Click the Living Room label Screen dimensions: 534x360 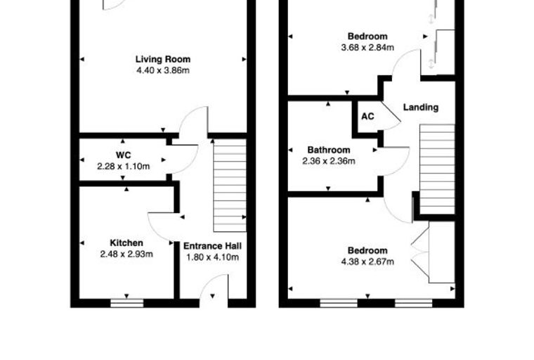(x=163, y=59)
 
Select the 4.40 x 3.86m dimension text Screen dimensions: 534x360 (x=163, y=70)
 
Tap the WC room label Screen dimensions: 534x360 (x=123, y=155)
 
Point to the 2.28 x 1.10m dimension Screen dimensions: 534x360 (x=123, y=167)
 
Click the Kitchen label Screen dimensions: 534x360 (x=126, y=243)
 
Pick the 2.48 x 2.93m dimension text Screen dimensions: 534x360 (x=126, y=254)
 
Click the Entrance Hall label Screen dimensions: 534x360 (x=212, y=246)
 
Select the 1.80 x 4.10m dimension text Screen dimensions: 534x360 (x=212, y=257)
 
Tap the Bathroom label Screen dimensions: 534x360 (x=329, y=150)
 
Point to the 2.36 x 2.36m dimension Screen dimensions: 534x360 (x=329, y=161)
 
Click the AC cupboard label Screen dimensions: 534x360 (x=367, y=117)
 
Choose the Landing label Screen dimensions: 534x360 (x=421, y=108)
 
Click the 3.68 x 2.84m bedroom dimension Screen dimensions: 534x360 (x=367, y=47)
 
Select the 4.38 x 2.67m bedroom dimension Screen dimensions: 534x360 (x=367, y=262)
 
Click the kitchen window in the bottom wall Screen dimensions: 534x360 (x=127, y=303)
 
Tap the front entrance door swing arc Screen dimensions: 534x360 (x=208, y=281)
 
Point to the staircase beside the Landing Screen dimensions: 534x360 (x=437, y=169)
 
